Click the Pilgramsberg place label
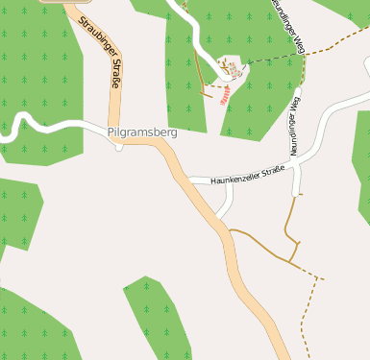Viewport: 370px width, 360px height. pos(142,132)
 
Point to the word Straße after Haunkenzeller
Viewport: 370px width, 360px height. pos(271,171)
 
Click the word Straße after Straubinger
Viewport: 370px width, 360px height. pos(112,73)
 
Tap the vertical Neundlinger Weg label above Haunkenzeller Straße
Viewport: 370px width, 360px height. pos(296,125)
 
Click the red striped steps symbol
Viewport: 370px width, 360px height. pos(224,95)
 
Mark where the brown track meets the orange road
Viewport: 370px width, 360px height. pos(228,230)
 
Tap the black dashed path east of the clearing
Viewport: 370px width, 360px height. pos(269,59)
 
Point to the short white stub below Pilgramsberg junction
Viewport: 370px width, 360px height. pos(118,146)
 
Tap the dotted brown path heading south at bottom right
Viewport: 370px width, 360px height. pos(305,317)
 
